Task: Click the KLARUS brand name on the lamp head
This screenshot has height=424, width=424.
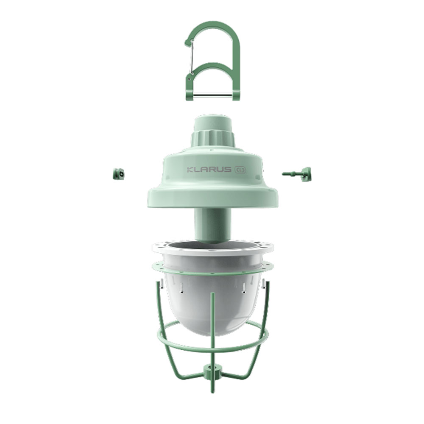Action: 209,170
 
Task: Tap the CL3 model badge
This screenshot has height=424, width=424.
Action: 240,170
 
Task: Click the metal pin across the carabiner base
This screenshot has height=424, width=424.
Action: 212,95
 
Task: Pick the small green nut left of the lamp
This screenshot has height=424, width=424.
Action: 118,173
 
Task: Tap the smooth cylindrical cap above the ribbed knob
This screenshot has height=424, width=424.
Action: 213,123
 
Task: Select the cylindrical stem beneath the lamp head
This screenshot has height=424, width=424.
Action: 213,224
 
